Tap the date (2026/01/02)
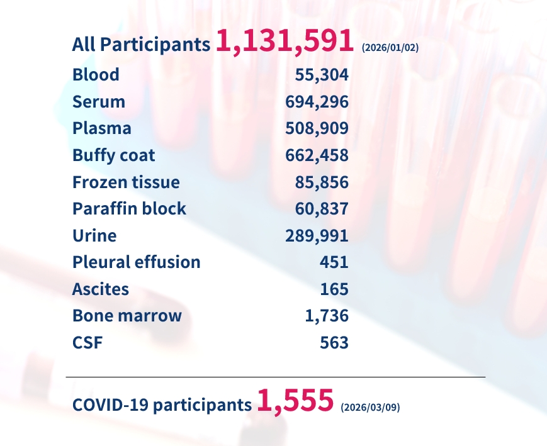click(390, 48)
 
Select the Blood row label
click(96, 75)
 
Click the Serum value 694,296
click(317, 102)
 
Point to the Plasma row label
click(102, 128)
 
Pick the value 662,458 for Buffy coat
click(317, 155)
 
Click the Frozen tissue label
click(126, 182)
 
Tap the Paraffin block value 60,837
click(322, 209)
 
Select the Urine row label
click(94, 236)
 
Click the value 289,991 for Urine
click(317, 236)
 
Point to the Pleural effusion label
click(137, 262)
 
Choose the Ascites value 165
click(334, 289)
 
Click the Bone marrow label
click(127, 316)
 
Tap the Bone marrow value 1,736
click(327, 316)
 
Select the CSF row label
click(87, 343)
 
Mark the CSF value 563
click(334, 343)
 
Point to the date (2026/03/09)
click(370, 408)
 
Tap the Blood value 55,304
click(322, 75)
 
